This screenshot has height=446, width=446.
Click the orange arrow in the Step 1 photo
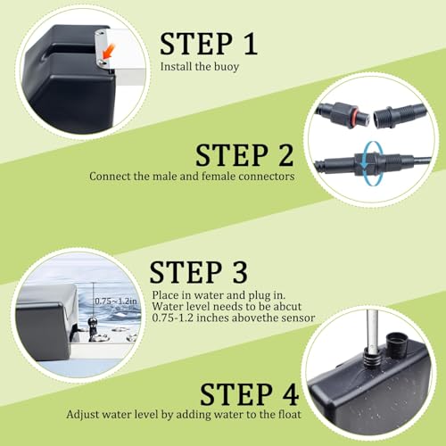(x=108, y=51)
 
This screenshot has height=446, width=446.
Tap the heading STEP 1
(x=209, y=44)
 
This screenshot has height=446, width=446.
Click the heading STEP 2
(x=244, y=155)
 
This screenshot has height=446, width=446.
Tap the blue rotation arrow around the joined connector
(x=368, y=163)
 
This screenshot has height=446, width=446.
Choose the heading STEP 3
(x=198, y=272)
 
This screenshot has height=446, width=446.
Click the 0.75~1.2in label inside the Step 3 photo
(x=116, y=301)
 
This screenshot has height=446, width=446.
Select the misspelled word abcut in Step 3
(x=287, y=306)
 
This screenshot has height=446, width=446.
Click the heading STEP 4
(x=249, y=394)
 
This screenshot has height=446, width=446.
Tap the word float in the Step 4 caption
(x=290, y=414)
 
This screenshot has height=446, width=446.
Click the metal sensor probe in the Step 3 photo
(x=93, y=328)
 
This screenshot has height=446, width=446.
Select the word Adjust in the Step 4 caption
(x=79, y=415)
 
